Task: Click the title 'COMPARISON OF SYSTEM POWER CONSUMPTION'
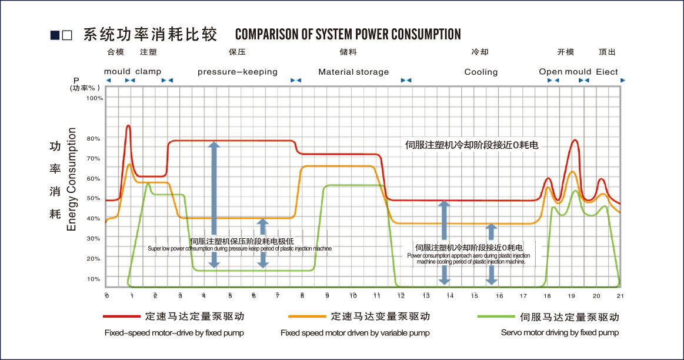click(348, 34)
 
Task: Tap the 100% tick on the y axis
click(95, 98)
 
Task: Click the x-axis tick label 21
click(620, 295)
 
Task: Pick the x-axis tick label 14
click(450, 295)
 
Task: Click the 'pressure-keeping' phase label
click(237, 72)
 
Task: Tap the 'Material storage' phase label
click(353, 72)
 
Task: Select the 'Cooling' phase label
click(481, 72)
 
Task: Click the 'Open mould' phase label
click(565, 72)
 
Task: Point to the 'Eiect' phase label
click(606, 72)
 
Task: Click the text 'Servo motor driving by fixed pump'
click(559, 333)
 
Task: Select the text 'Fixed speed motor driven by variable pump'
click(355, 333)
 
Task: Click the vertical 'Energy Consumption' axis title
click(72, 179)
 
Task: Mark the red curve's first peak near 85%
click(128, 125)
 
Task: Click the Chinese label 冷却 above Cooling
click(480, 52)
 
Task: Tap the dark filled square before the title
click(54, 35)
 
